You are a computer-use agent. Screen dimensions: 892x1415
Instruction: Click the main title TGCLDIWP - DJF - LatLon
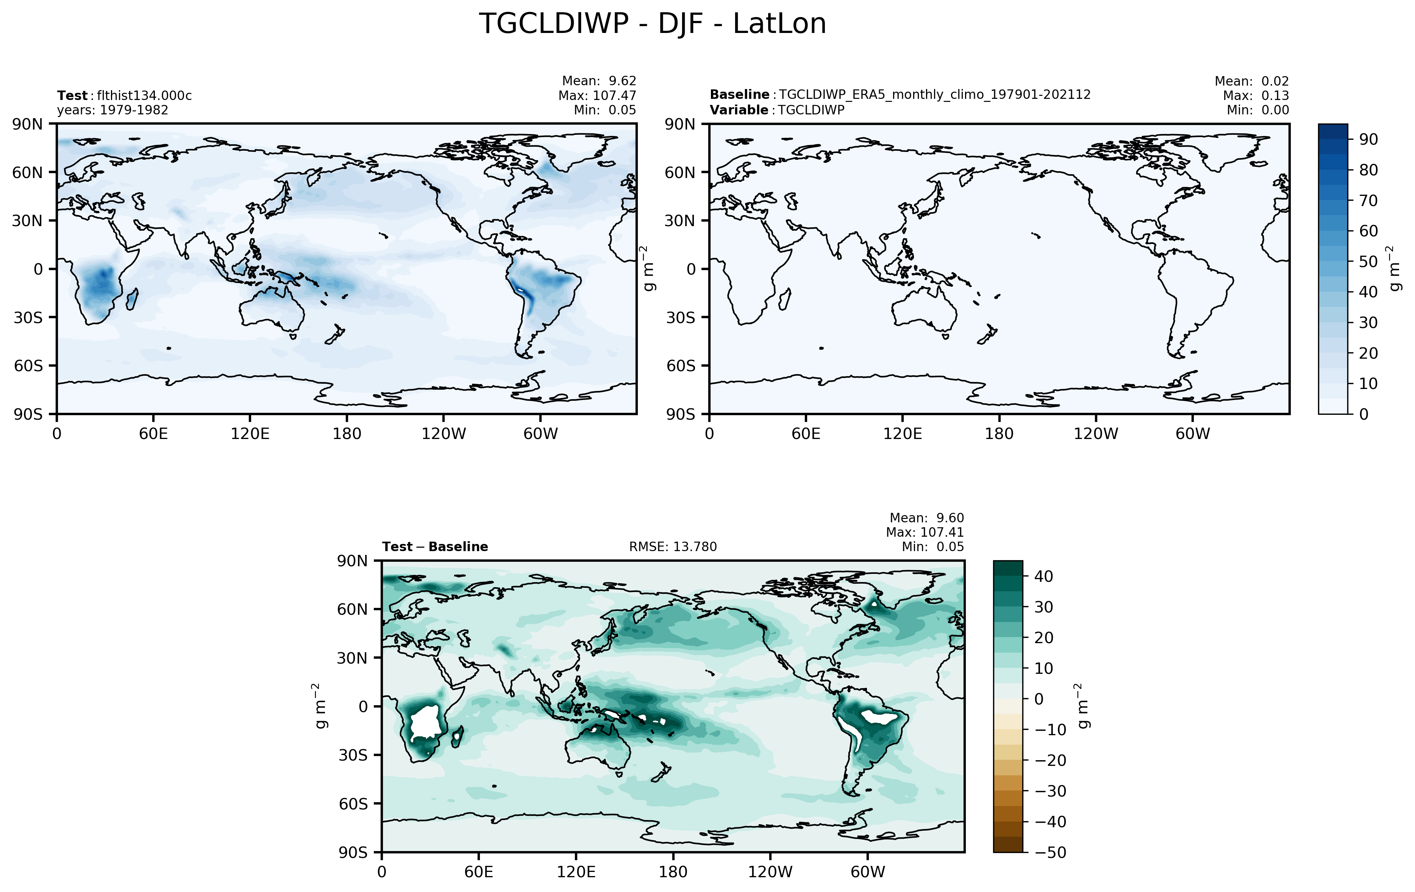[x=652, y=25]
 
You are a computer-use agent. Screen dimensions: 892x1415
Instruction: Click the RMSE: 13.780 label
[x=673, y=547]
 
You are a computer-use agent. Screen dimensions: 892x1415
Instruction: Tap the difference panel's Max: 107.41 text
[x=925, y=533]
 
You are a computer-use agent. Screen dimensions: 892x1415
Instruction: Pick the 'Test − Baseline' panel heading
[x=435, y=547]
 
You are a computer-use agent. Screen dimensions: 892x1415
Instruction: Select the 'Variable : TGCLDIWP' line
[x=776, y=110]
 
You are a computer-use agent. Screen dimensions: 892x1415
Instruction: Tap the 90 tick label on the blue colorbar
[x=1368, y=139]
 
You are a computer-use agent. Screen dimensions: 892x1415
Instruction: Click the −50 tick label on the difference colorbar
[x=1050, y=853]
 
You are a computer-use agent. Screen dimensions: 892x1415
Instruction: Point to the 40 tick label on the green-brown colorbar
[x=1043, y=576]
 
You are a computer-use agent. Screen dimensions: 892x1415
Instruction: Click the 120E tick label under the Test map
[x=250, y=434]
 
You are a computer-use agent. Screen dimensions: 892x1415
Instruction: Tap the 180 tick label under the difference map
[x=673, y=872]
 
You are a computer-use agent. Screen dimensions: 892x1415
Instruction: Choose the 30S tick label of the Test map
[x=28, y=318]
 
